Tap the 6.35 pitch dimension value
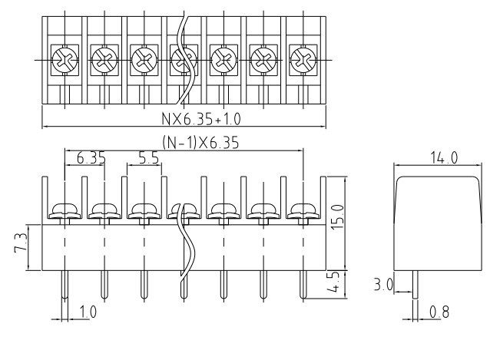click(x=91, y=158)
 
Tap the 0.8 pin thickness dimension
click(x=440, y=313)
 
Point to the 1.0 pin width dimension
click(x=88, y=313)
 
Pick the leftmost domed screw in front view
click(x=64, y=210)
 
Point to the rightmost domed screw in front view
click(x=304, y=210)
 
